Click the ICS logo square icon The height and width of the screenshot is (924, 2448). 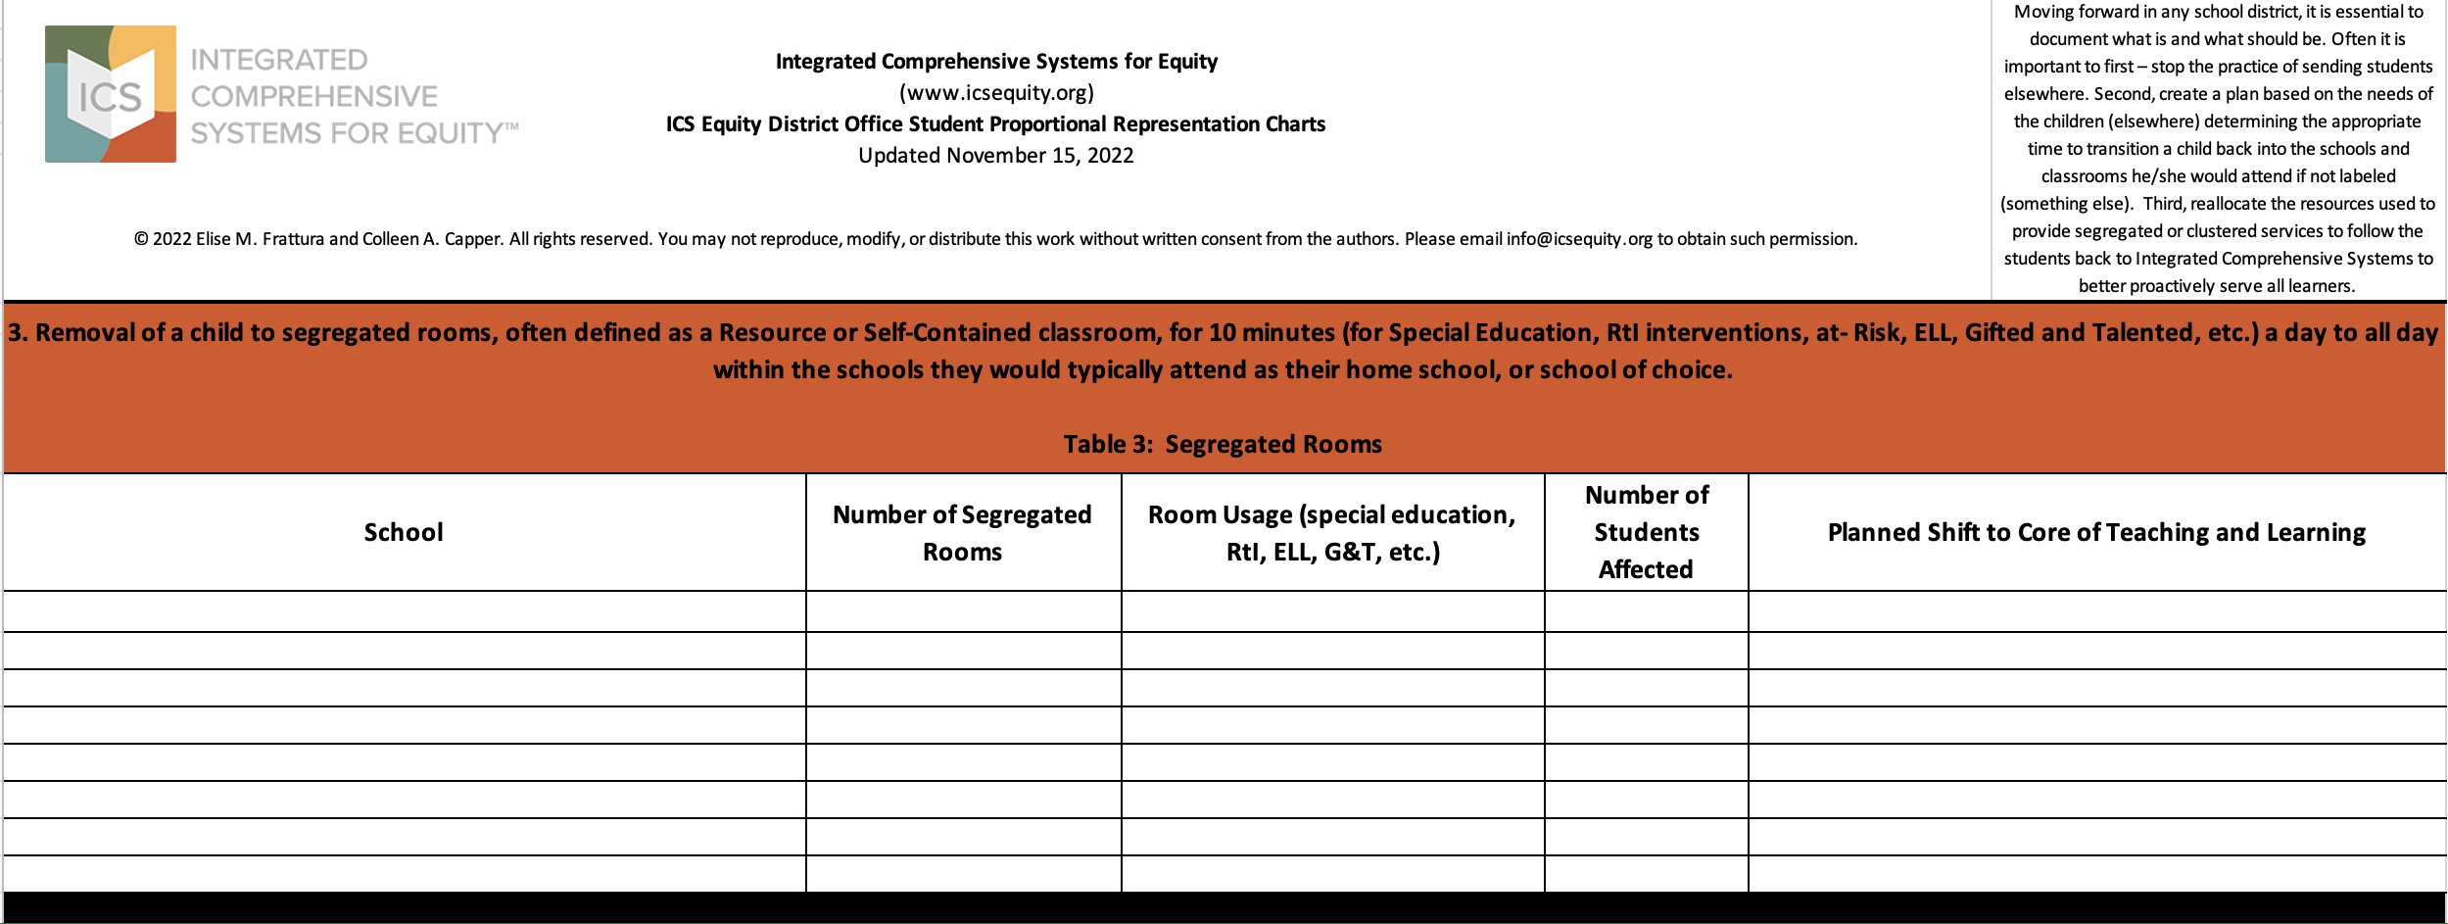click(111, 94)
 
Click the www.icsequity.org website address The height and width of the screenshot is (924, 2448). click(996, 93)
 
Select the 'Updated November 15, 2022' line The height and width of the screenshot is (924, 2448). click(996, 156)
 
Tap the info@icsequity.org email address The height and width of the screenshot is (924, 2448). click(1579, 239)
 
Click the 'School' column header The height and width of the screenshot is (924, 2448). click(404, 532)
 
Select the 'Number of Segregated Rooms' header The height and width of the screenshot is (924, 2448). click(962, 532)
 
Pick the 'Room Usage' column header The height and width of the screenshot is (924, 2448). click(1332, 532)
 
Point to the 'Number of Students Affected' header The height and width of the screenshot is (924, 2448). click(1646, 532)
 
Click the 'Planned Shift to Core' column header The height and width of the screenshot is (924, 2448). click(2096, 532)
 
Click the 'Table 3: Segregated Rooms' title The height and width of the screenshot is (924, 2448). click(1223, 445)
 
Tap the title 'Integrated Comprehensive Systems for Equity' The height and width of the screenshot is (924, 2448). click(996, 62)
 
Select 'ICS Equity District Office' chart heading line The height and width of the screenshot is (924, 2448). click(995, 124)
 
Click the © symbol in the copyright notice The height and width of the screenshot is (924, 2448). click(141, 239)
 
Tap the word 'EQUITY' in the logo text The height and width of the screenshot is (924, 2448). click(450, 133)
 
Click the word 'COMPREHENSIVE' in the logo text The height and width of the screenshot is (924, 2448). click(314, 96)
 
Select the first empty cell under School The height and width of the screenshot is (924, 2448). click(404, 611)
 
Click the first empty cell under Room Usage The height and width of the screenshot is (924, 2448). click(1332, 611)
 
